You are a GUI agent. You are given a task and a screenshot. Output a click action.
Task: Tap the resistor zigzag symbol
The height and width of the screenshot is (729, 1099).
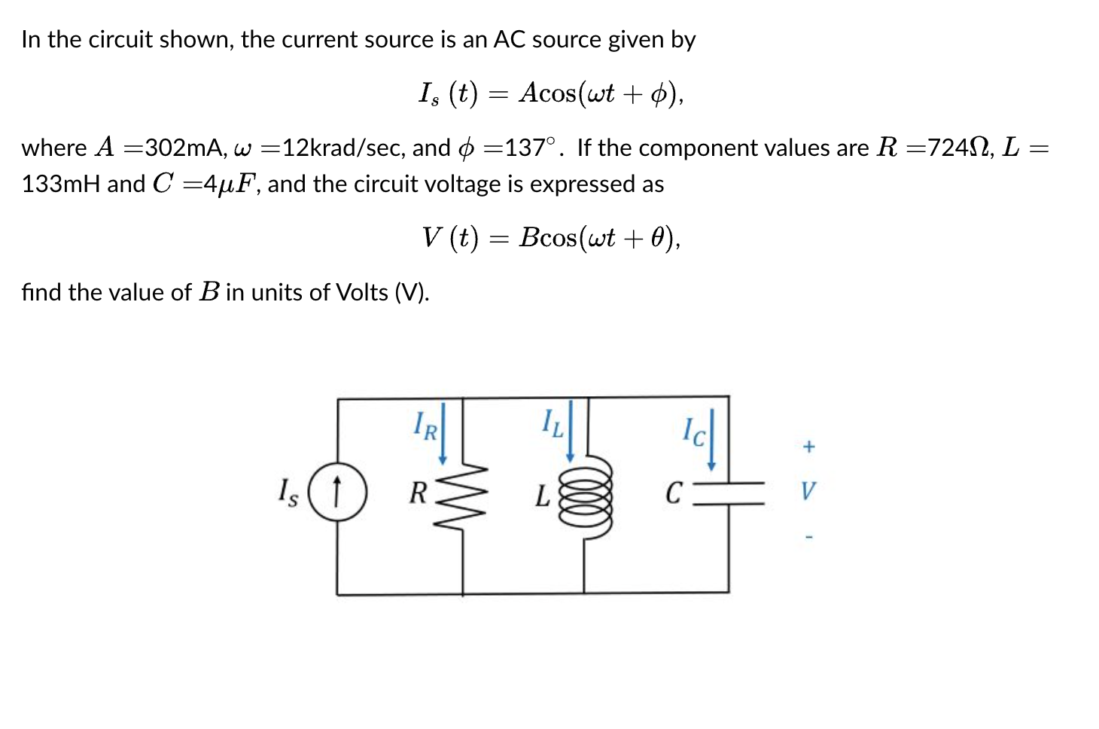point(462,493)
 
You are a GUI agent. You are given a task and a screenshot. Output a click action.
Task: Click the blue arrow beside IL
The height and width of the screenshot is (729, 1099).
point(571,431)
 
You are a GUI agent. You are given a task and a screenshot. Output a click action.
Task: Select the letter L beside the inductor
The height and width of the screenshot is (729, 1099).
point(542,496)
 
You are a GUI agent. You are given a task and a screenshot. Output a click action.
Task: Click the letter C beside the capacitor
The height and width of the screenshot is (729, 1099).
point(674,494)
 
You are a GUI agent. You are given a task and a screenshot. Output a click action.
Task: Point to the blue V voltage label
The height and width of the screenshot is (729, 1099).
point(807,492)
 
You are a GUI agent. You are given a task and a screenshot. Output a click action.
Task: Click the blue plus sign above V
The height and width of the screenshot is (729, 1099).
point(808,447)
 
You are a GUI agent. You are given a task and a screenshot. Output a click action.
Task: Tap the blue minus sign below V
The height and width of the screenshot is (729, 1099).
point(808,538)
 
